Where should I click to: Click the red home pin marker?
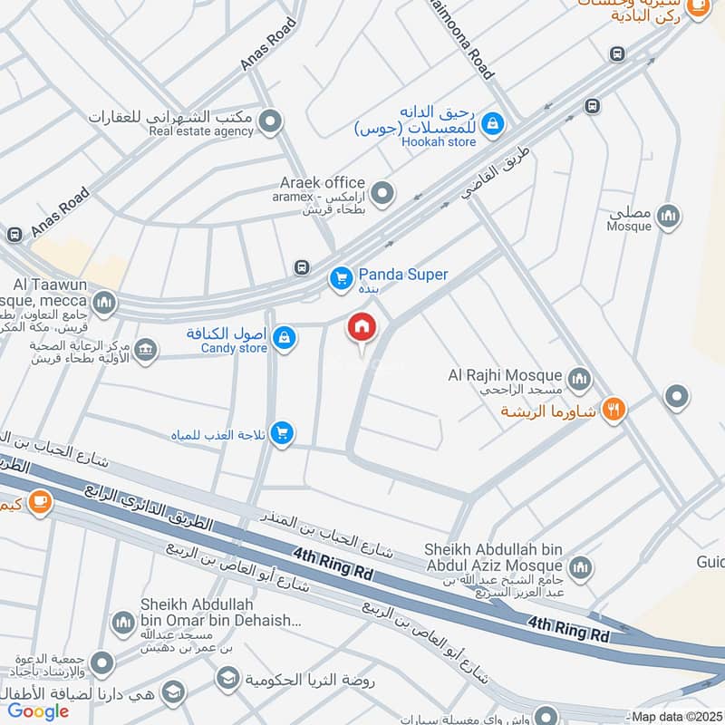pos(362,327)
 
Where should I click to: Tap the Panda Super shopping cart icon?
pos(341,278)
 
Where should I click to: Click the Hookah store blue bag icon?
pos(492,122)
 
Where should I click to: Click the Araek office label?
pos(322,183)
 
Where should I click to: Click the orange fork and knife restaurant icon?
pos(614,411)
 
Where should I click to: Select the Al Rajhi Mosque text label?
pos(505,374)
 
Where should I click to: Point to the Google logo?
pos(39,710)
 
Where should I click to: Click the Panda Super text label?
pos(403,275)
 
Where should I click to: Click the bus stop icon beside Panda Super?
pos(301,267)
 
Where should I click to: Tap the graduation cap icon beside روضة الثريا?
pos(227,678)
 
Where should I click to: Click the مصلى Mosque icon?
pos(668,217)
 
